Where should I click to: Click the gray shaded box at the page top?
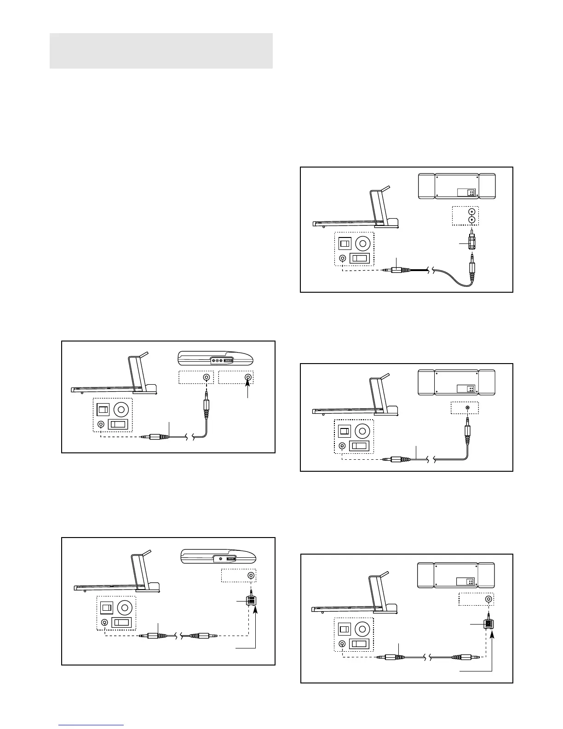point(161,51)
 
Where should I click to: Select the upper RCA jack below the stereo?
point(471,212)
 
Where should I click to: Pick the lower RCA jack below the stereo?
point(471,220)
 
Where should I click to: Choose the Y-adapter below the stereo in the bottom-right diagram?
point(488,624)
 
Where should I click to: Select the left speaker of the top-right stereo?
point(426,186)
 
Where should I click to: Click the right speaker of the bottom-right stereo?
point(487,575)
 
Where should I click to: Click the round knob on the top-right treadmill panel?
point(363,243)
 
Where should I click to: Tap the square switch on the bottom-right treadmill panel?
point(345,629)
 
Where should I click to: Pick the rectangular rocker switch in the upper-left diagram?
point(118,424)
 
